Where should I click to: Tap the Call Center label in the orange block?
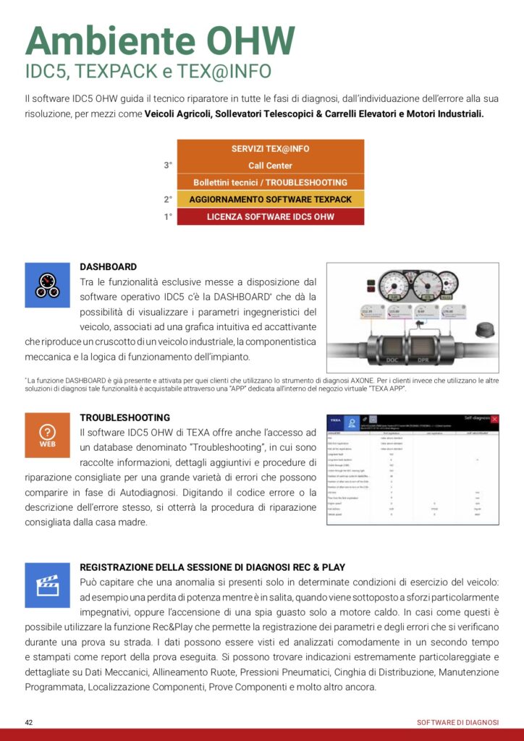[x=270, y=166]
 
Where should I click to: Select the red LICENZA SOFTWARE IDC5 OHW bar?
[x=270, y=216]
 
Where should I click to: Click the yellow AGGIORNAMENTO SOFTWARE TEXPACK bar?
[x=270, y=199]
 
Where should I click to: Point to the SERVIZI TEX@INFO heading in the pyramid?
[x=270, y=149]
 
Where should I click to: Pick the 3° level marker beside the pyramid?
[x=168, y=166]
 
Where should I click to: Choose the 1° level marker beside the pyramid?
[x=168, y=216]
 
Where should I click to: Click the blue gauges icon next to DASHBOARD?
[x=48, y=285]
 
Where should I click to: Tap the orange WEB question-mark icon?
[x=48, y=436]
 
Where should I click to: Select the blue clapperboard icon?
[x=48, y=585]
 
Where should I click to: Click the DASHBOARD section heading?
[x=108, y=267]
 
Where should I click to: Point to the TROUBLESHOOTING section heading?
[x=125, y=418]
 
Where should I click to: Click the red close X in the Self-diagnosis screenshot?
[x=495, y=419]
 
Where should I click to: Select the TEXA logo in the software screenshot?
[x=335, y=420]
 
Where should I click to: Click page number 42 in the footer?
[x=29, y=723]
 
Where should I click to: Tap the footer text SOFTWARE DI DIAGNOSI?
[x=458, y=723]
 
